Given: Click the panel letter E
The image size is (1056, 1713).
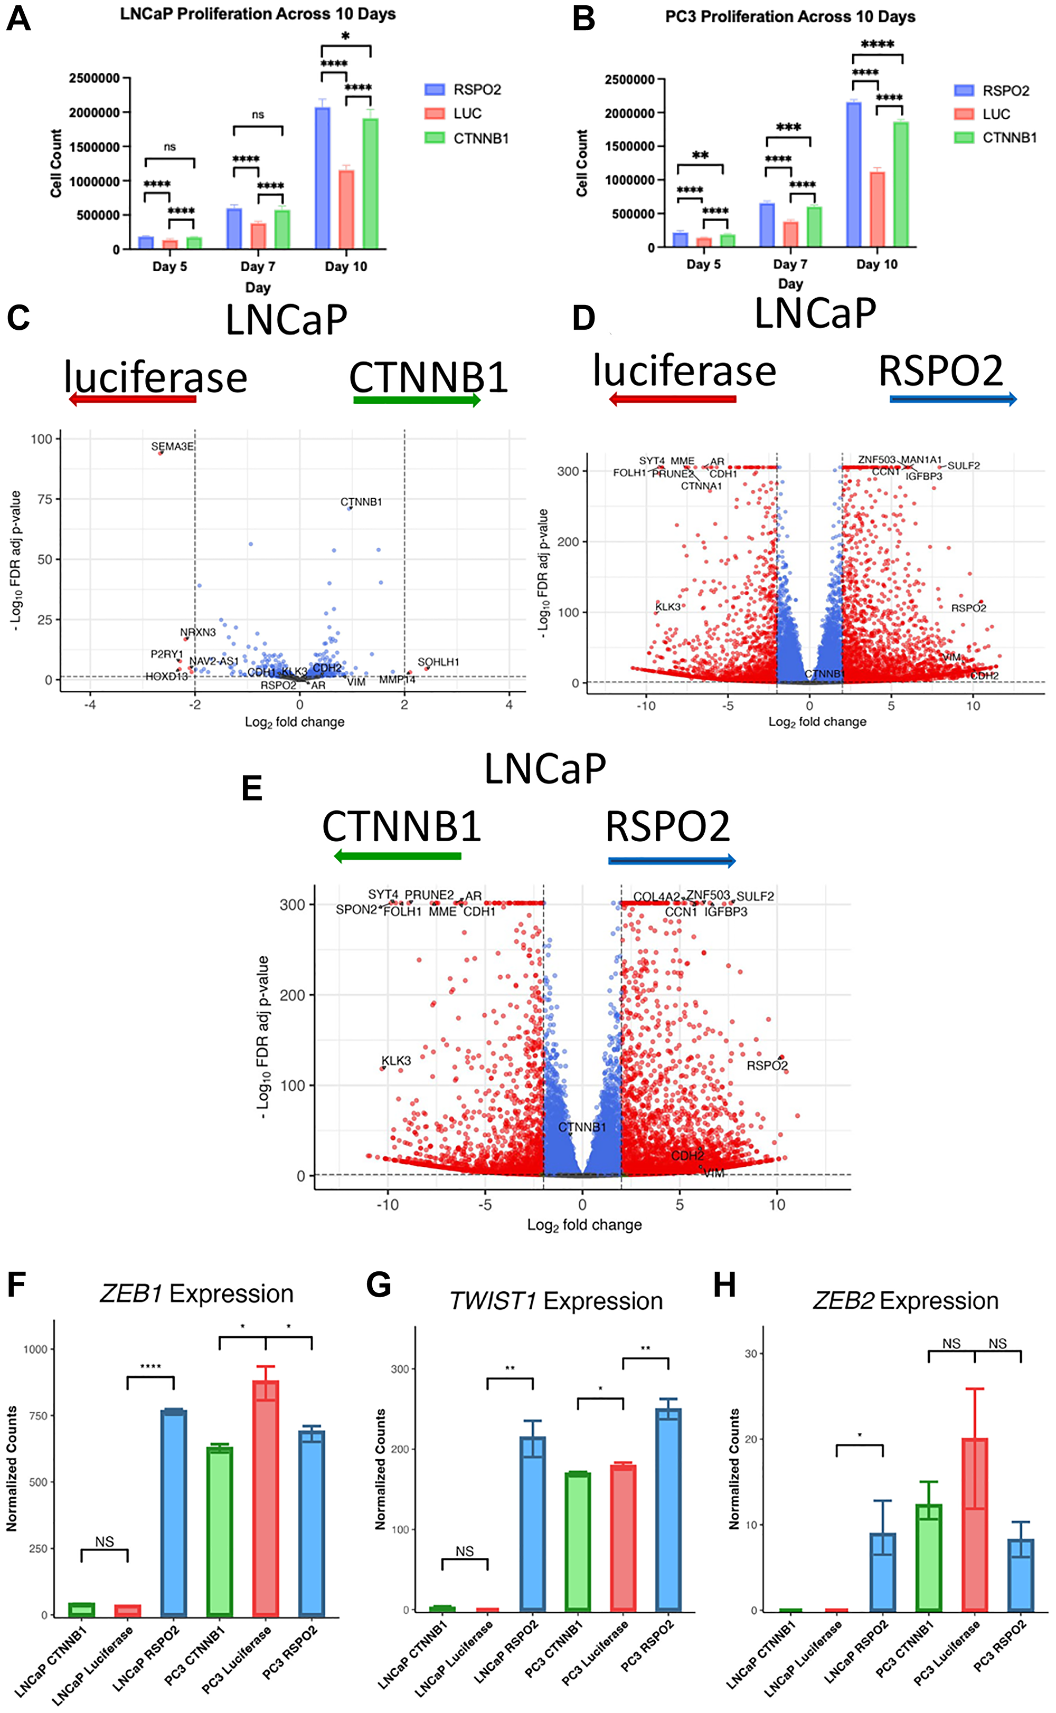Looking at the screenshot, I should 251,789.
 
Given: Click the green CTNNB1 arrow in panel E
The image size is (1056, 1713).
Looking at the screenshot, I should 398,856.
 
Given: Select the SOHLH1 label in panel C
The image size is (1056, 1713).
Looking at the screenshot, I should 438,662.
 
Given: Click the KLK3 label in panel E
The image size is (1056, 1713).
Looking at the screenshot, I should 396,1060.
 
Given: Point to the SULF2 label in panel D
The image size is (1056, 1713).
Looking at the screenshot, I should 963,465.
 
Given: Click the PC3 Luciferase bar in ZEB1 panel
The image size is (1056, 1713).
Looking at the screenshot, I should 266,1497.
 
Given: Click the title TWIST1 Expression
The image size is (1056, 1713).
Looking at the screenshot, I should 556,1301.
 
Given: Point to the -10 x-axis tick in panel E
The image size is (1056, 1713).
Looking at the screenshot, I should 388,1204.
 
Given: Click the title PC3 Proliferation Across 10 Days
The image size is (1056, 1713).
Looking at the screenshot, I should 790,17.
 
